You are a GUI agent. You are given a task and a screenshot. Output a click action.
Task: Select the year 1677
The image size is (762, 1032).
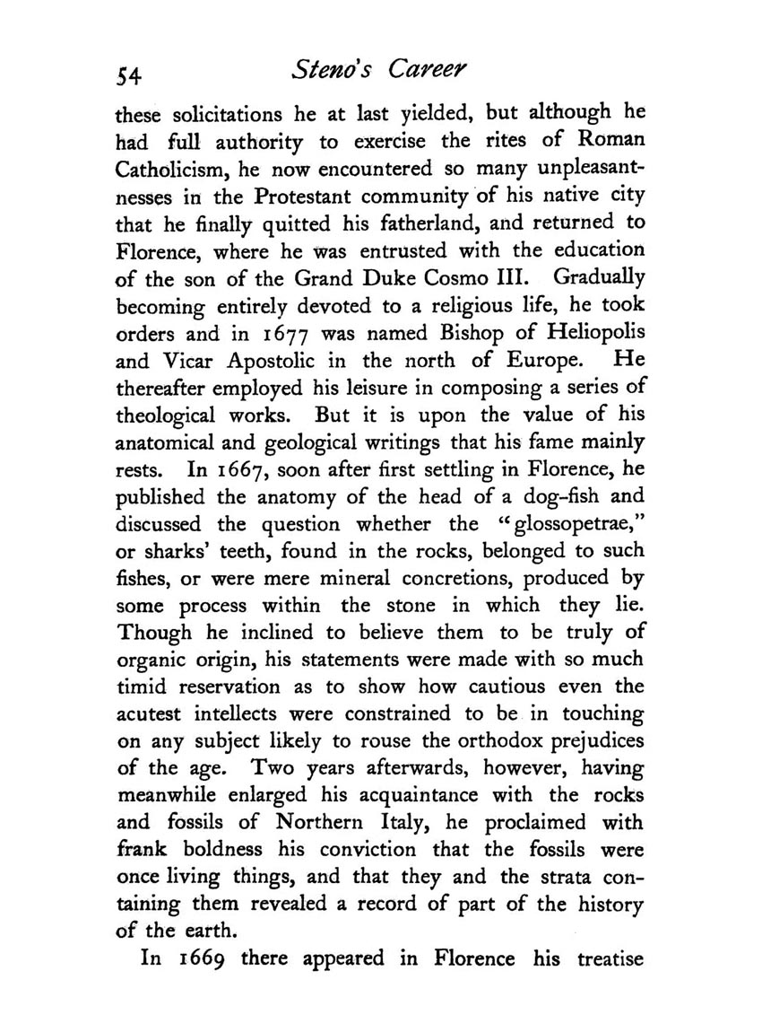[299, 337]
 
